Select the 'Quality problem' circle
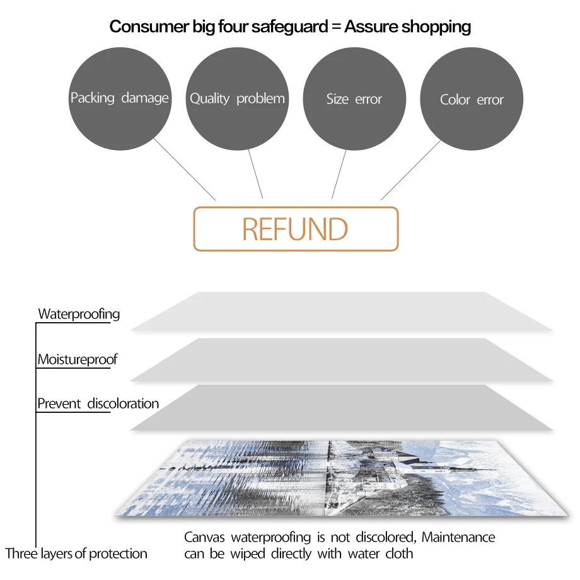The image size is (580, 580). click(x=237, y=98)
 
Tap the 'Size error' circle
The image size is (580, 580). click(x=354, y=99)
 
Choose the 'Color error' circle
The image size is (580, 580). click(x=472, y=100)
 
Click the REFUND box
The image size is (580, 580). click(x=296, y=229)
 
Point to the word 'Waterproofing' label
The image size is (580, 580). click(x=79, y=314)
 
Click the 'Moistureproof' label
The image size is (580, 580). click(x=78, y=359)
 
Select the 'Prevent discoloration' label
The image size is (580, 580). click(x=98, y=403)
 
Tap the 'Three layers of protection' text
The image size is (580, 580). click(x=76, y=554)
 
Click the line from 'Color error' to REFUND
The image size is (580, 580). click(x=410, y=170)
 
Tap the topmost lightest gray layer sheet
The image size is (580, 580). click(x=340, y=311)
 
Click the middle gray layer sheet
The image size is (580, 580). click(x=340, y=360)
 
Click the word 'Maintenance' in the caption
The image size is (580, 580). click(x=458, y=538)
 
